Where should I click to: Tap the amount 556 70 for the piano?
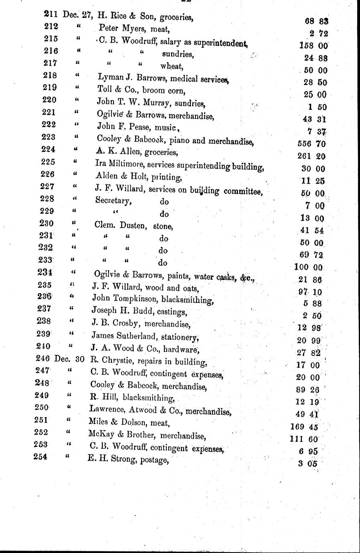[312, 143]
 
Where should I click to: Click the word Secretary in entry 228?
[113, 200]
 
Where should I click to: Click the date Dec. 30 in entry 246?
[69, 359]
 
